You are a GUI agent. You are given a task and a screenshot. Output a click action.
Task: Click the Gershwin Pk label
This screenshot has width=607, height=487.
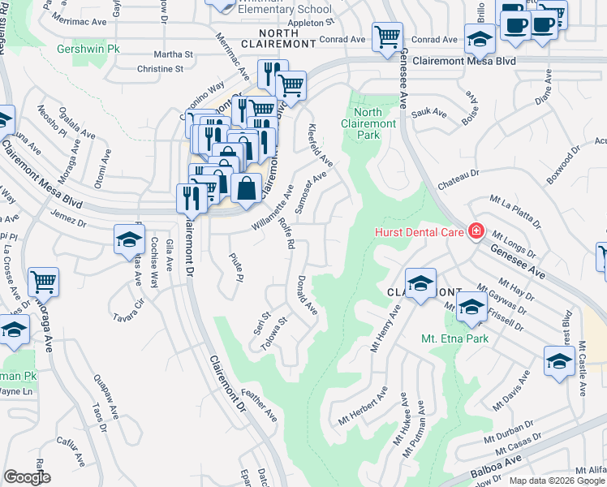88,49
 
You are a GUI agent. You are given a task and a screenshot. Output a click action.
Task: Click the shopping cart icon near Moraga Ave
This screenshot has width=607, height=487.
43,282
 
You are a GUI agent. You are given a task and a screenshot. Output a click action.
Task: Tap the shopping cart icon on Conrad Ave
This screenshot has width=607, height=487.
387,36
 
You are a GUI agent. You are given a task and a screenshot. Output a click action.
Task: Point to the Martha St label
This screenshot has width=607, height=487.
176,54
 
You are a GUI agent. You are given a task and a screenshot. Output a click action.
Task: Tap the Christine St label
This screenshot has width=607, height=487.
160,69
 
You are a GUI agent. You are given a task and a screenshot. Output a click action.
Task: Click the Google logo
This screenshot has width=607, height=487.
27,477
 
